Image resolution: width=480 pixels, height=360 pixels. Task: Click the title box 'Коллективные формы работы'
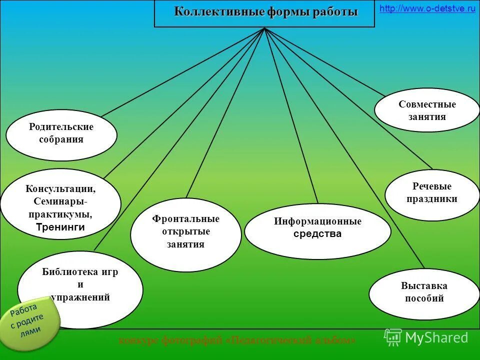pyautogui.click(x=265, y=13)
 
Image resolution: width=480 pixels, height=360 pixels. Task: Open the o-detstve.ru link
pyautogui.click(x=427, y=9)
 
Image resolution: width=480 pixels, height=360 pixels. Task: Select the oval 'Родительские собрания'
pyautogui.click(x=61, y=134)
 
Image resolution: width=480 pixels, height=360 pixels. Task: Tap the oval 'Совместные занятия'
pyautogui.click(x=426, y=110)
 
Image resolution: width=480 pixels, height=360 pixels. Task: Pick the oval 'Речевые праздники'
pyautogui.click(x=431, y=193)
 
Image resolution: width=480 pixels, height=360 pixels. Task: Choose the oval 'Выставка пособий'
pyautogui.click(x=424, y=293)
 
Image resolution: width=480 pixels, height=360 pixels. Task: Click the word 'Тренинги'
pyautogui.click(x=60, y=227)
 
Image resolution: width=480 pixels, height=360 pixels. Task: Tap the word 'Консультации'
pyautogui.click(x=60, y=189)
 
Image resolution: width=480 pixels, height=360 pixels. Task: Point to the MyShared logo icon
pyautogui.click(x=393, y=337)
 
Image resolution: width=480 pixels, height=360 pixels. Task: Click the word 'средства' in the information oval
pyautogui.click(x=317, y=234)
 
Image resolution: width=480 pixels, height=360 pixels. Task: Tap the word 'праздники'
pyautogui.click(x=431, y=199)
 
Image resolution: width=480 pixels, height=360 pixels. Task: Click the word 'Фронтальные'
pyautogui.click(x=185, y=219)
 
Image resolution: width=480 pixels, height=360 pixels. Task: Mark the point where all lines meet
pyautogui.click(x=264, y=28)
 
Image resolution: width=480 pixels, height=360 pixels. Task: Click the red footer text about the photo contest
pyautogui.click(x=237, y=340)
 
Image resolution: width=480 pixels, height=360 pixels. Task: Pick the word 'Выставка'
pyautogui.click(x=424, y=286)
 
